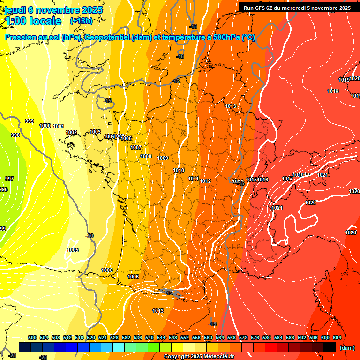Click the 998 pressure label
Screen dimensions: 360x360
[15, 135]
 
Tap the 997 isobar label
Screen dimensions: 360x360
[9, 179]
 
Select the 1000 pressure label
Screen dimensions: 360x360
[45, 126]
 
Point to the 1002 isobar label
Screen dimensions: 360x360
[71, 133]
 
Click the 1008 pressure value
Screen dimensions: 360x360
[146, 156]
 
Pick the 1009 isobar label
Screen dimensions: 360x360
[163, 158]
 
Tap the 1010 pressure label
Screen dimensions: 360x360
[179, 170]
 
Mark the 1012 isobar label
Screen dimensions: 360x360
[205, 181]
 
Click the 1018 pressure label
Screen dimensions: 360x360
[333, 91]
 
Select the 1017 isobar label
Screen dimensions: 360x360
[287, 179]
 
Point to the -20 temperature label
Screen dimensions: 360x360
[90, 236]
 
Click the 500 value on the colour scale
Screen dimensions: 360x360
[32, 337]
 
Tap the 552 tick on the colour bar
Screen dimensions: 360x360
[185, 337]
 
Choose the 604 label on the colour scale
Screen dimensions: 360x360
[337, 337]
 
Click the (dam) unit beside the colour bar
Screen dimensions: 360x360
[346, 348]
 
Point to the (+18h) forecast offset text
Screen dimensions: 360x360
[81, 21]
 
